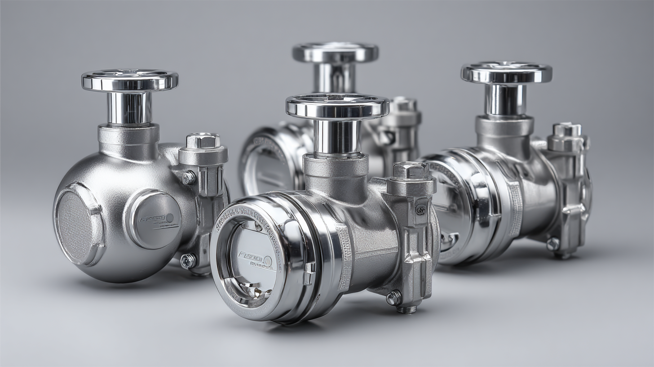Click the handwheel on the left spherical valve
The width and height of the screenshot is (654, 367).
coord(129,81)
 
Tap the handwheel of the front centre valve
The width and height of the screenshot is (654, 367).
coord(337,106)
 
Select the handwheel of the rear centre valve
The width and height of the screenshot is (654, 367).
coord(335,52)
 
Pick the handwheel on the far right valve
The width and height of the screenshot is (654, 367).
coord(506,72)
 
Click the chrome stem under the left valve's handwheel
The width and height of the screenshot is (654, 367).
coord(129,107)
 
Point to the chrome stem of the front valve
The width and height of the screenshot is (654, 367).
coord(337,136)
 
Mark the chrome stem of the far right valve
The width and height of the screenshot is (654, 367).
coord(505,99)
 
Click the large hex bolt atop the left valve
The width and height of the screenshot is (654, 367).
coord(203,141)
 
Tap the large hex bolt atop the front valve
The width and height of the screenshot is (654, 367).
coord(411,170)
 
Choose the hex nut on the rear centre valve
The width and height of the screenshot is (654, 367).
coord(404,104)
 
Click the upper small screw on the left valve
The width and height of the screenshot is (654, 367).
coord(189,178)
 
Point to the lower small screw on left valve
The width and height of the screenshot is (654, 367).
coord(188,261)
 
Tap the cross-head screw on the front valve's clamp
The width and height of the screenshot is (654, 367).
coord(420,210)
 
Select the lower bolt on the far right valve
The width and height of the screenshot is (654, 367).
coord(553,244)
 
